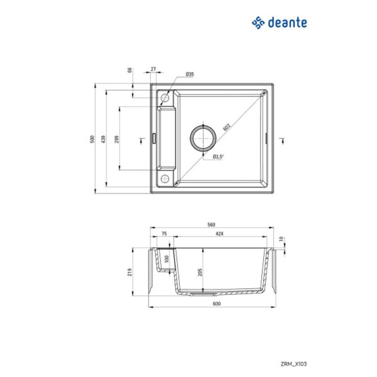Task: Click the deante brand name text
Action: click(x=288, y=22)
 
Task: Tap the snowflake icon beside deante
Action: click(x=259, y=22)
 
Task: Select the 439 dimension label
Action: click(x=103, y=139)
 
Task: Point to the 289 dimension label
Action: click(x=116, y=139)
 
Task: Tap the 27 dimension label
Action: click(x=154, y=69)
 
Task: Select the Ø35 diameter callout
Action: click(x=190, y=74)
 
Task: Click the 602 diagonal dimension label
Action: click(x=226, y=127)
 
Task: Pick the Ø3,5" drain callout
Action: click(x=218, y=156)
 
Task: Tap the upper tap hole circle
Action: click(x=165, y=98)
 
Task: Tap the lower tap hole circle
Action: click(x=165, y=178)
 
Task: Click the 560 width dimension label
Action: click(x=212, y=225)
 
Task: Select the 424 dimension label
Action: click(x=219, y=234)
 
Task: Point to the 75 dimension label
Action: click(x=164, y=234)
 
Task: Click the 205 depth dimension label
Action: click(x=200, y=272)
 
